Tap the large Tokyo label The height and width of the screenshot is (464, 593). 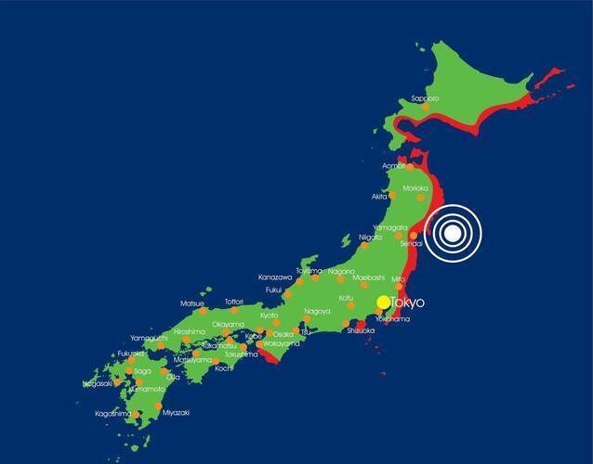407,303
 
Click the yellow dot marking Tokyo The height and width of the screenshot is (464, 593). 384,302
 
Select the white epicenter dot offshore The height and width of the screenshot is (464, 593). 451,233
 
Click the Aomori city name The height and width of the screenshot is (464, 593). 394,167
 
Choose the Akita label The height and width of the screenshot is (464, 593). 379,197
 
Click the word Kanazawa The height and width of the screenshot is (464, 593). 275,277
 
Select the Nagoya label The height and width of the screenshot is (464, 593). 317,311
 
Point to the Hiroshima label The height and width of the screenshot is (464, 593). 189,331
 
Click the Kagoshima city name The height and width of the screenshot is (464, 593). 113,414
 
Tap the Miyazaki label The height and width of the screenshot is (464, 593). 176,413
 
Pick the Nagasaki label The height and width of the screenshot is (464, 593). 98,383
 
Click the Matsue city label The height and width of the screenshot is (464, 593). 192,303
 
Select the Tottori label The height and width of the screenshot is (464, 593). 234,302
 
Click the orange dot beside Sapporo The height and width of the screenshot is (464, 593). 426,108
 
